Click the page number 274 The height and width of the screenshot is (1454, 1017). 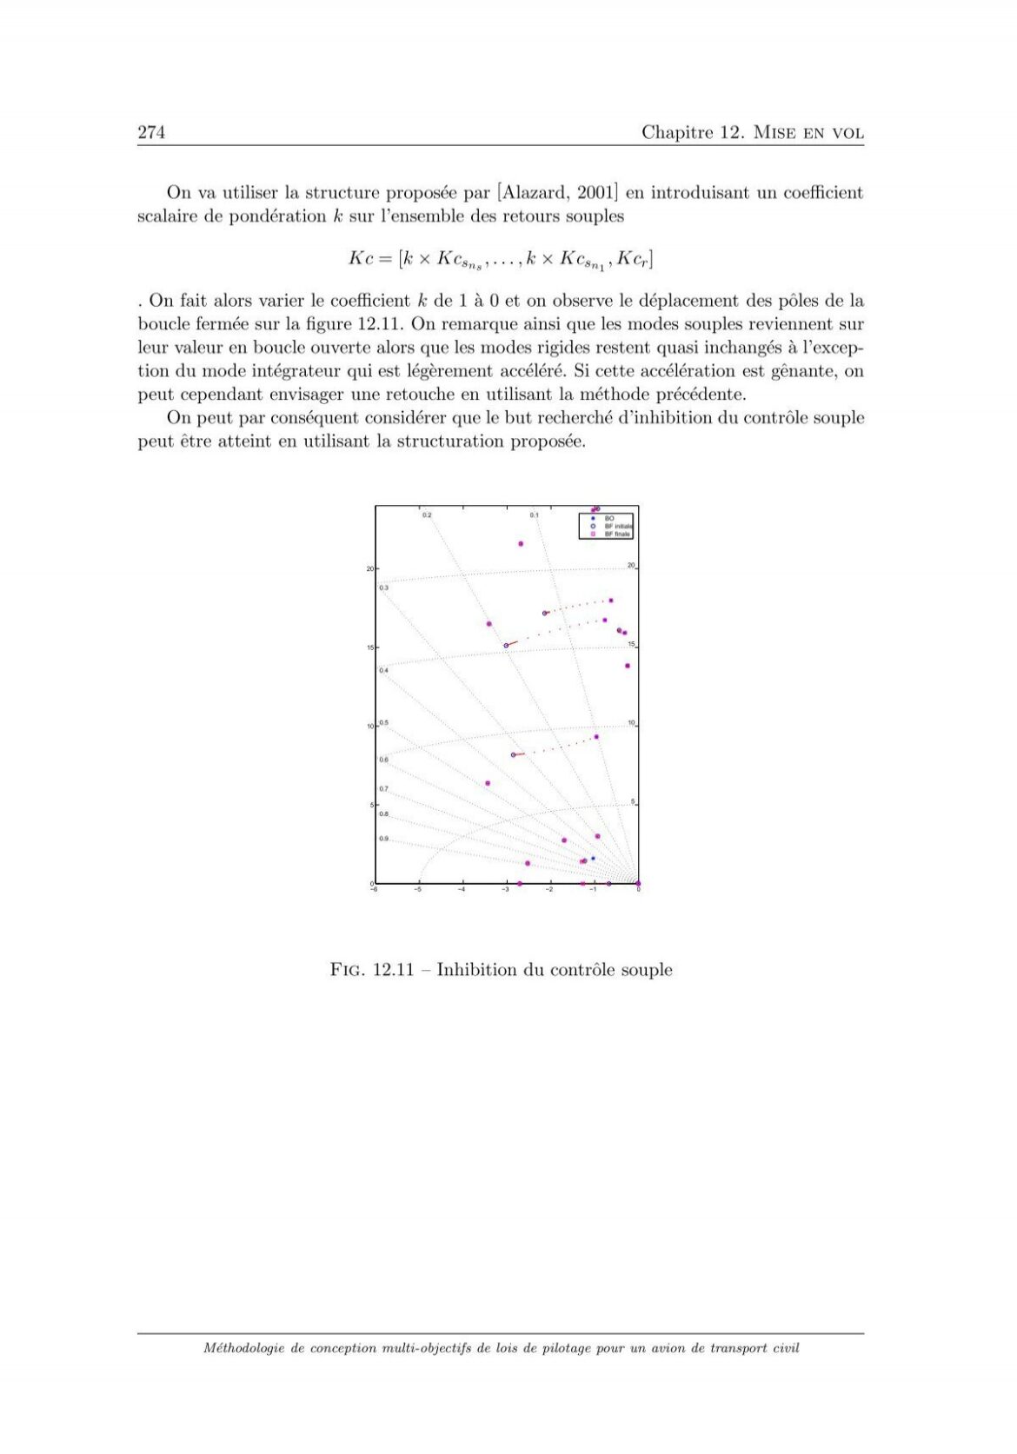pyautogui.click(x=151, y=132)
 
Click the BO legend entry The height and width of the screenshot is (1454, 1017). pyautogui.click(x=609, y=518)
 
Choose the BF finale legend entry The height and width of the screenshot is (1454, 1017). pyautogui.click(x=617, y=534)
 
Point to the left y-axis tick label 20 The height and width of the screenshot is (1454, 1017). pyautogui.click(x=369, y=569)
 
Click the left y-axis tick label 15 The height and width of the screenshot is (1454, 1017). pyautogui.click(x=369, y=648)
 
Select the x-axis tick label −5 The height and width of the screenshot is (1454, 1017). pyautogui.click(x=418, y=890)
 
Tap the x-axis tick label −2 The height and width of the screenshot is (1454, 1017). pyautogui.click(x=549, y=890)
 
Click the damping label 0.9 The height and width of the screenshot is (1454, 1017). pyautogui.click(x=383, y=839)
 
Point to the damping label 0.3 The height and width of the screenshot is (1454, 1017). pyautogui.click(x=383, y=588)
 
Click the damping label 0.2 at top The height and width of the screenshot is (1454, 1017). pyautogui.click(x=427, y=515)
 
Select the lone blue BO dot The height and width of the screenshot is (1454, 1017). pyautogui.click(x=594, y=859)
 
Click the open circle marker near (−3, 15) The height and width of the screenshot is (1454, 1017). pyautogui.click(x=506, y=646)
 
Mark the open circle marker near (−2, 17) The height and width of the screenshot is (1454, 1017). pyautogui.click(x=545, y=614)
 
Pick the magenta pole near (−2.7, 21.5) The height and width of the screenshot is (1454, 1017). pyautogui.click(x=521, y=544)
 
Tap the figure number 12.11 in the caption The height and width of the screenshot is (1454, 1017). pyautogui.click(x=393, y=970)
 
